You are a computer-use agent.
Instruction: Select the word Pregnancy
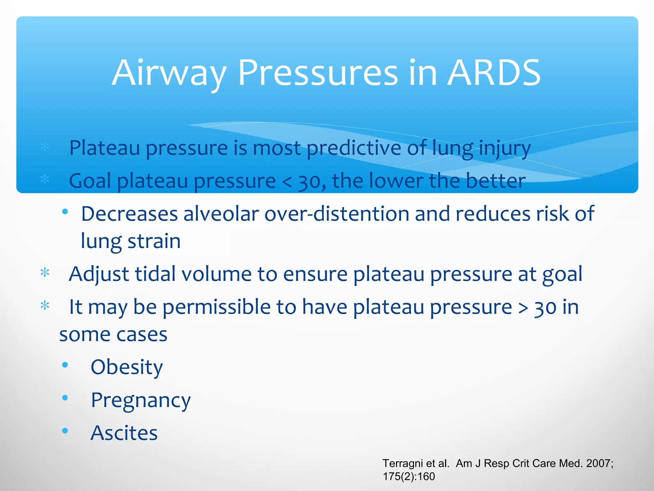(141, 400)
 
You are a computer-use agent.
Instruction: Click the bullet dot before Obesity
(65, 365)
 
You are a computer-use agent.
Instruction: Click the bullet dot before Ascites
(65, 431)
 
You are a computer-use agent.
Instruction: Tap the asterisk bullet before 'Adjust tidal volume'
(45, 273)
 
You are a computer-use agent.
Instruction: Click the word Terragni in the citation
(403, 463)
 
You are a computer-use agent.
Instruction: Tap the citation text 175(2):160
(409, 477)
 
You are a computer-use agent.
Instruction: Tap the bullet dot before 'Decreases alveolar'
(65, 211)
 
